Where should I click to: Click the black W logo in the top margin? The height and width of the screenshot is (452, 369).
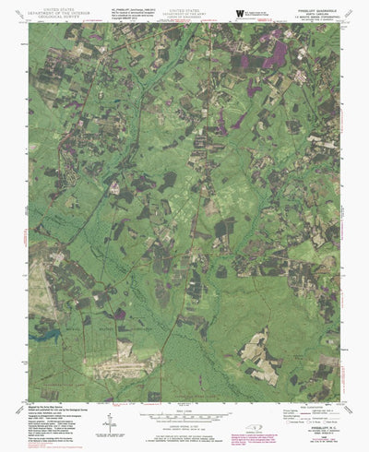click(240, 12)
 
